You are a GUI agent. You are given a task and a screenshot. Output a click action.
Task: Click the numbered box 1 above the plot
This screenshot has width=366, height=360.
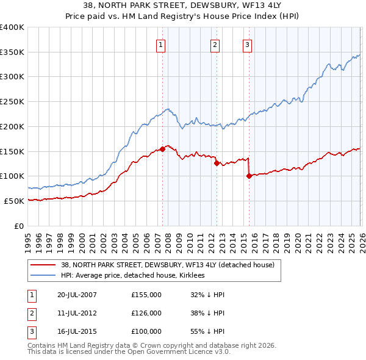tap(160, 44)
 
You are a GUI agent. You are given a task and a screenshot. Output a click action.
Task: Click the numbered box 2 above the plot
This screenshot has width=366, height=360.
tap(215, 44)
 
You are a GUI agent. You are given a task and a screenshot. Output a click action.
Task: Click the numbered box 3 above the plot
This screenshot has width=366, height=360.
tap(248, 44)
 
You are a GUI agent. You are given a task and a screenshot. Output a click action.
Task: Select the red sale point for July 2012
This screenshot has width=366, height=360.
tap(217, 163)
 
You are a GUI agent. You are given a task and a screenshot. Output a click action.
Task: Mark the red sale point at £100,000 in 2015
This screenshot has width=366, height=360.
tap(249, 176)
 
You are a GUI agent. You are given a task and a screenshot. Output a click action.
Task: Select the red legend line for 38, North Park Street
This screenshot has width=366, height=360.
tap(43, 265)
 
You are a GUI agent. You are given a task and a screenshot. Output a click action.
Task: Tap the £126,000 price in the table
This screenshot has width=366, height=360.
tap(146, 313)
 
